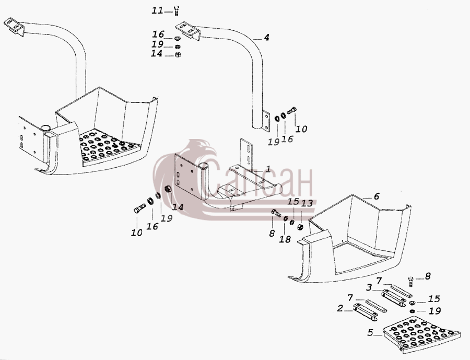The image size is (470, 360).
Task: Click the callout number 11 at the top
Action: (157, 11)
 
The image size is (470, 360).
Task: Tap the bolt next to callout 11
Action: (177, 11)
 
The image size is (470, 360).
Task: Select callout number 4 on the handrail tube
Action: (266, 38)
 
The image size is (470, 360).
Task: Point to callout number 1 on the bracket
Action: (268, 169)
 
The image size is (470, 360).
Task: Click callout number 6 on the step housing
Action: (377, 196)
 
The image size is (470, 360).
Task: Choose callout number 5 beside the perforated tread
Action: (370, 333)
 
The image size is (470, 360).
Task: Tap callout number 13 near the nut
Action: (307, 203)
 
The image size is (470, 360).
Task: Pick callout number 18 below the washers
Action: (285, 239)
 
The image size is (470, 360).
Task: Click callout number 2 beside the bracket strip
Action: (339, 308)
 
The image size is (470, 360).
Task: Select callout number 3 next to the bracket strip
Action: (369, 287)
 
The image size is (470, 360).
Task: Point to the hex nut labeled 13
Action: (300, 227)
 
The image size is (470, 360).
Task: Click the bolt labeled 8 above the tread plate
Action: (410, 282)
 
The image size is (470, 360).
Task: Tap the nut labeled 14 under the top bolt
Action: (178, 54)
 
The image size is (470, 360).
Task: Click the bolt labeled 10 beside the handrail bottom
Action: (292, 110)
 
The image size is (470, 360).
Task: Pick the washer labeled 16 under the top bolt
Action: (177, 38)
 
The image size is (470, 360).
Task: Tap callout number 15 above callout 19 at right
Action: (434, 299)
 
